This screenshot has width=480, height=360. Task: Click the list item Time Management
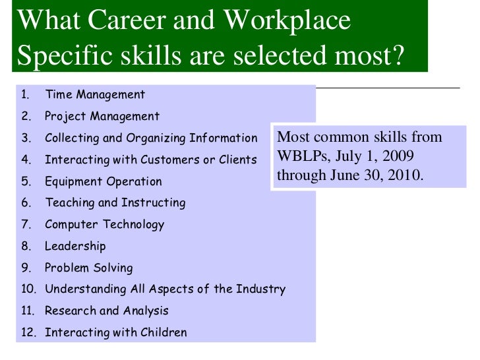coord(95,95)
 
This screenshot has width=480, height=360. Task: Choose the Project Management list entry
coord(102,117)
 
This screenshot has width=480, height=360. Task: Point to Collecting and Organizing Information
coord(151,138)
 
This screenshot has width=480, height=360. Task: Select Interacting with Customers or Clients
coord(151,160)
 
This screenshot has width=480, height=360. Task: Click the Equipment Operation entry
coord(104,181)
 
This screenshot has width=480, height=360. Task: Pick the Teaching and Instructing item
coord(115,203)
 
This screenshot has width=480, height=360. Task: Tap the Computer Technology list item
coord(105,224)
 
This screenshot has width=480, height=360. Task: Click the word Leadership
coord(75,246)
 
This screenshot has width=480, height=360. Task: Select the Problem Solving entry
coord(89,268)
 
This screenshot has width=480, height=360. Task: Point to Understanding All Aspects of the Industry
coord(165,289)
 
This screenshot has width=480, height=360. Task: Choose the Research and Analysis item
coord(107,311)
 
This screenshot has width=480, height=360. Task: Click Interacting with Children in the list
coord(116,332)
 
